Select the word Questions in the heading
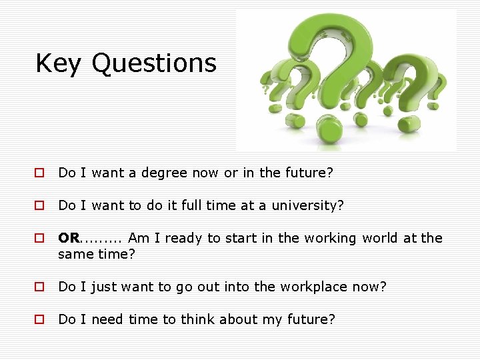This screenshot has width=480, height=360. click(154, 63)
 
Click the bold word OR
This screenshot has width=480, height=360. click(68, 238)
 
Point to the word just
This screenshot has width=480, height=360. click(104, 287)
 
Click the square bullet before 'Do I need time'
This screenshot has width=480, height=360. click(40, 320)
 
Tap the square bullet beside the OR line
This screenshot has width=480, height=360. click(40, 239)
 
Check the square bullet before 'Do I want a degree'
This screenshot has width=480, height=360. click(40, 173)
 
